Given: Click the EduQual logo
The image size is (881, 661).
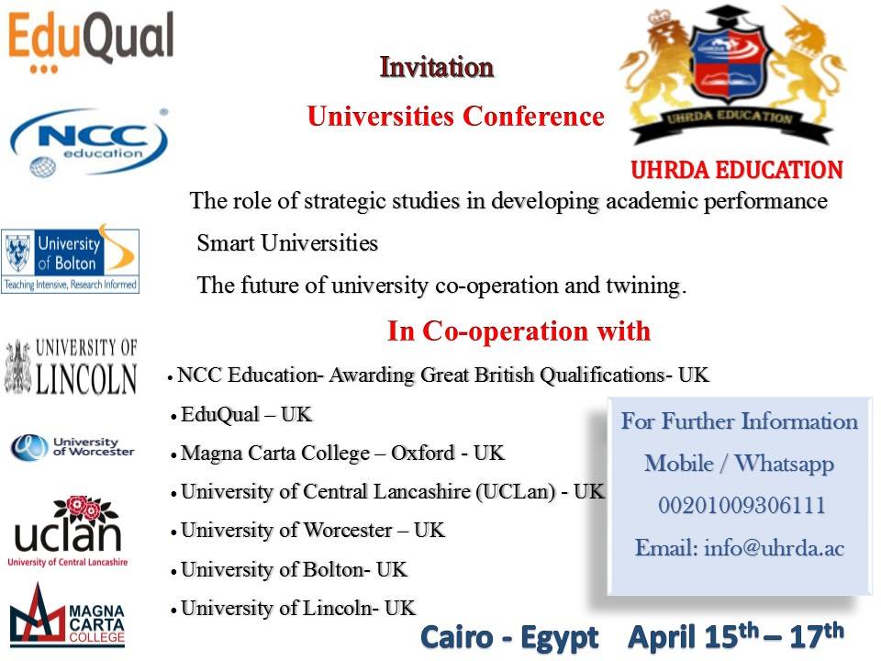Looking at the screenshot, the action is (x=91, y=42).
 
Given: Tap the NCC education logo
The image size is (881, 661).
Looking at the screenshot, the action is (x=89, y=142).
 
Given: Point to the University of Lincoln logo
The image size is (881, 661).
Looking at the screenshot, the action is (x=71, y=366).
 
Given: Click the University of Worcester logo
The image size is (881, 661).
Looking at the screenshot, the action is (x=72, y=448).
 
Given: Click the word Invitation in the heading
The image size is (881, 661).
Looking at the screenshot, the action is (x=437, y=67).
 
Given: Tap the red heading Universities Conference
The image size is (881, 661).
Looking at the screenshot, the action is (x=456, y=117).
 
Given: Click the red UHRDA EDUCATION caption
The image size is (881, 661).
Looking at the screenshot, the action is (x=737, y=170).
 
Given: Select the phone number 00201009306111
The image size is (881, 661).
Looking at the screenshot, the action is (x=742, y=505).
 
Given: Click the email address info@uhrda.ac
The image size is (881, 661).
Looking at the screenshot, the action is (x=775, y=547).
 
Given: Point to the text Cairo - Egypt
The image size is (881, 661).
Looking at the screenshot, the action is (x=509, y=638).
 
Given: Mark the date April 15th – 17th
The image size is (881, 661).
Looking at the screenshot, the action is (x=736, y=635).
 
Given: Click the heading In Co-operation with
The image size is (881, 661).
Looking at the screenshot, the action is (x=519, y=330).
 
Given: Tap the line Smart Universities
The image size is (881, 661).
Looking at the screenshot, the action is (x=287, y=242).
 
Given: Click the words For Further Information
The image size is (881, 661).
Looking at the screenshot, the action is (x=740, y=421).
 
